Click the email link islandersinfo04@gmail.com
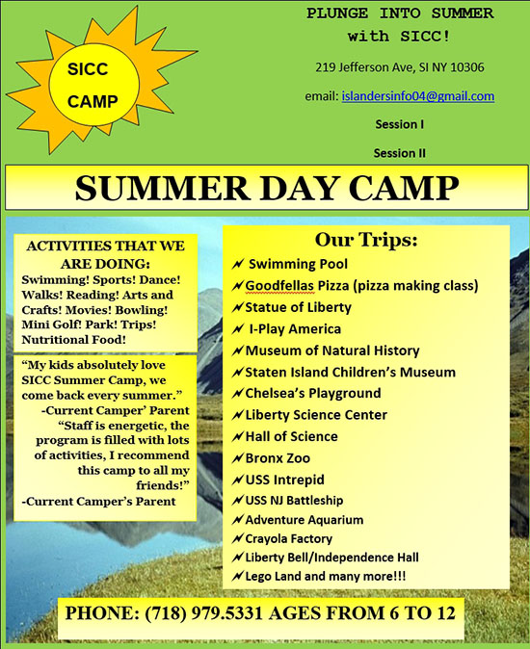[418, 96]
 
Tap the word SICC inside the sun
[88, 69]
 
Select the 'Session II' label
[400, 153]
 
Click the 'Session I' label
[400, 124]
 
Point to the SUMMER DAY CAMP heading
[267, 189]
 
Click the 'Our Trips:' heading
[366, 240]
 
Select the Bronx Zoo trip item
[278, 458]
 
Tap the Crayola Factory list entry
[288, 538]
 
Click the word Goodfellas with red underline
[279, 286]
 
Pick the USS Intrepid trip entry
[285, 480]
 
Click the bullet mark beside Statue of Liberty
[237, 307]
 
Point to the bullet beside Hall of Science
[237, 436]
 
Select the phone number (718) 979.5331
[203, 613]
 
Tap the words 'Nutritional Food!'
[73, 340]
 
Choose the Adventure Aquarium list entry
[305, 520]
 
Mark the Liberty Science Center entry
[316, 415]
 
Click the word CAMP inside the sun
[93, 101]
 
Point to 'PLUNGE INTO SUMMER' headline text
[400, 13]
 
